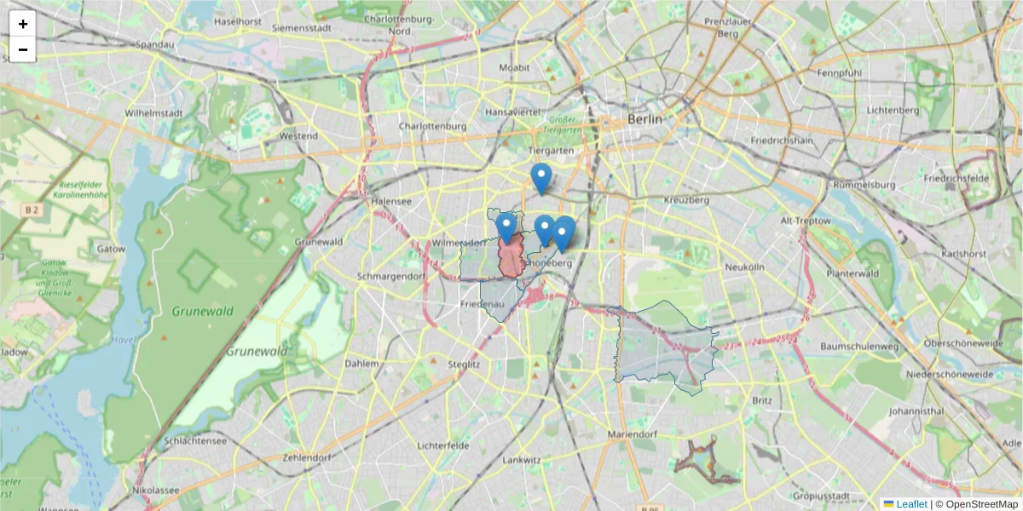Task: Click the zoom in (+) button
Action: click(x=23, y=24)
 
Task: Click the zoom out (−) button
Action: click(x=23, y=49)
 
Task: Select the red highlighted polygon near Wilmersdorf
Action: click(x=511, y=260)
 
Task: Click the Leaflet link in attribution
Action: click(x=911, y=504)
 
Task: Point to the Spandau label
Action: click(x=155, y=44)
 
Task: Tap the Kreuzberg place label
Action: click(x=687, y=200)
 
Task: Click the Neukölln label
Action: click(x=744, y=267)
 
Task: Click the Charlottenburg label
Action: click(x=432, y=126)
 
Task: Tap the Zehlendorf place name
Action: click(x=305, y=457)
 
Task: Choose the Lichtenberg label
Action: click(x=891, y=110)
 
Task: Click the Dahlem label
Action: click(x=361, y=364)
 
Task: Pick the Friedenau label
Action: click(x=483, y=304)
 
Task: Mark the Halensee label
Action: click(x=391, y=201)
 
